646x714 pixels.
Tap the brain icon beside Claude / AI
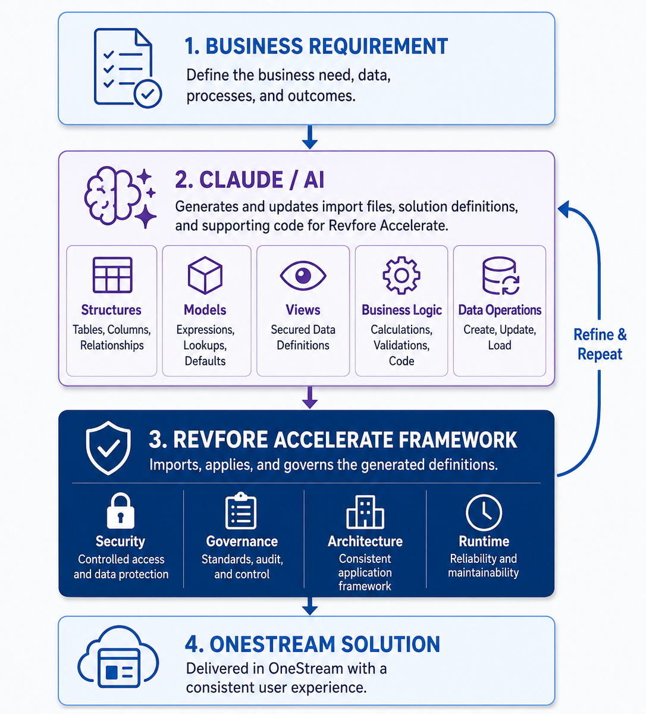[111, 195]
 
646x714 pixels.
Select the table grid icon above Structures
[112, 275]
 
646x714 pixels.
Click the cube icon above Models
[205, 275]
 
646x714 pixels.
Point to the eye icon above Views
[303, 275]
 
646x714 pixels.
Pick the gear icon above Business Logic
[402, 275]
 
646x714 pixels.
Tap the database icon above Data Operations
[500, 275]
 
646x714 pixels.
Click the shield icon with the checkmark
[108, 448]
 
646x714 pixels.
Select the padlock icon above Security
[121, 511]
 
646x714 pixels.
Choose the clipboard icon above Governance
[241, 511]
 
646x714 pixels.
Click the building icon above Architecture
[365, 512]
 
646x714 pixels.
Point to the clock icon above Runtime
[484, 512]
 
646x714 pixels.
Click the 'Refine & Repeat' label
[600, 344]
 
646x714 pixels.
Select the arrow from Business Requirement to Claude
[310, 137]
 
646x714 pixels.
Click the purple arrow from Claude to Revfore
[310, 397]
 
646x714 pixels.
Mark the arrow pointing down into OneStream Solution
[310, 606]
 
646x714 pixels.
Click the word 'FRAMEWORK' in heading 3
[457, 440]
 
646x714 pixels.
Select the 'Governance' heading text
[242, 541]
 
